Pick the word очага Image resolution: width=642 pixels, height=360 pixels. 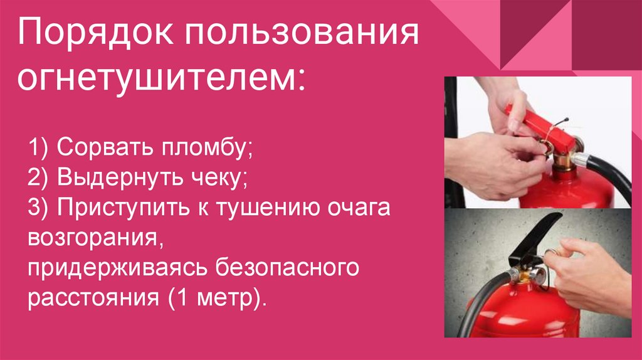point(358,208)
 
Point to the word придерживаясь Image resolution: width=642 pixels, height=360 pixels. point(116,267)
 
